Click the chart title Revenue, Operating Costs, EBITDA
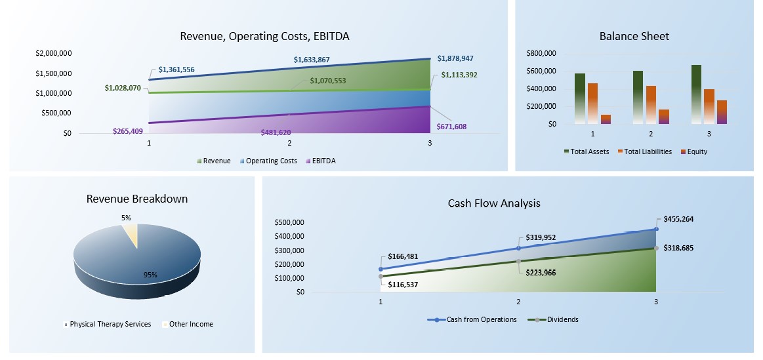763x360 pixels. [x=264, y=37]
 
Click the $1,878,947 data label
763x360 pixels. [x=455, y=58]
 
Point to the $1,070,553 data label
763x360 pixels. [x=328, y=81]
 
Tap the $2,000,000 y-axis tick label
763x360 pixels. [x=54, y=53]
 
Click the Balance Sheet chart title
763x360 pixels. [x=634, y=37]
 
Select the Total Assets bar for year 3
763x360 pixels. [x=696, y=94]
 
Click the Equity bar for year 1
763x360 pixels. [x=606, y=119]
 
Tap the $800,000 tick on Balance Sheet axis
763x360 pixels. [x=541, y=53]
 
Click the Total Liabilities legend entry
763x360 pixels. [x=648, y=151]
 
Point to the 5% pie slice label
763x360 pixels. [x=126, y=218]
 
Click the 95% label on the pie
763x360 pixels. [x=151, y=275]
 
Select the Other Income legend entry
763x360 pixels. [x=191, y=324]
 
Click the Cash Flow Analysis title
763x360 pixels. [x=494, y=203]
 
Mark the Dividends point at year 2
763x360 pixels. [x=518, y=261]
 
